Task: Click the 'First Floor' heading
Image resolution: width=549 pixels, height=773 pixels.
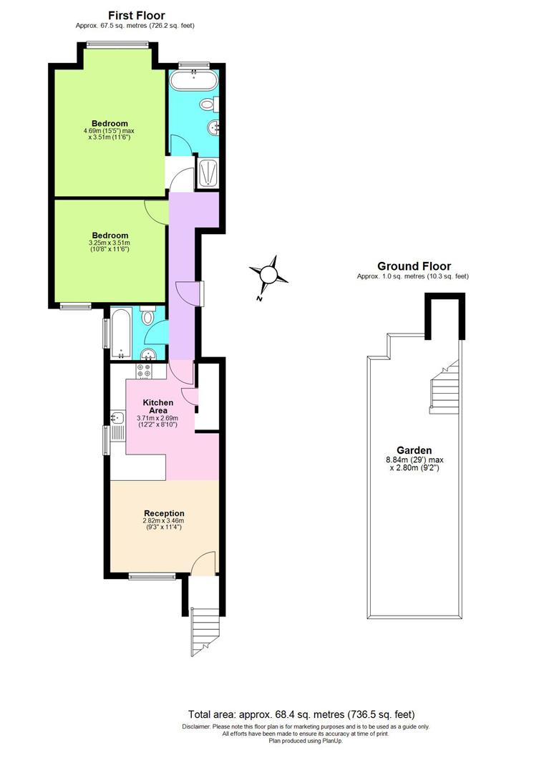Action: pyautogui.click(x=136, y=15)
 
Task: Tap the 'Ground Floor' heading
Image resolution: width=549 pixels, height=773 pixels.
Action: pyautogui.click(x=414, y=266)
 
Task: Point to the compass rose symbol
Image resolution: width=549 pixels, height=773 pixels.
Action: pyautogui.click(x=268, y=274)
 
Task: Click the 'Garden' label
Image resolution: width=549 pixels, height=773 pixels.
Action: pyautogui.click(x=414, y=450)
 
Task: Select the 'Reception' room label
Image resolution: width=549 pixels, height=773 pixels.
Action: pyautogui.click(x=164, y=513)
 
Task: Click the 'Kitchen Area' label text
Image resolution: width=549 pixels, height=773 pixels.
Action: pyautogui.click(x=157, y=407)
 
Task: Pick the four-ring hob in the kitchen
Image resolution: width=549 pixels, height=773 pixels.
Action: pyautogui.click(x=144, y=371)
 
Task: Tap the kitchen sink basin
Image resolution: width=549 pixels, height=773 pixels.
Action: pyautogui.click(x=117, y=417)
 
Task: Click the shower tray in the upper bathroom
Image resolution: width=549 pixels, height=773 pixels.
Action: pyautogui.click(x=208, y=173)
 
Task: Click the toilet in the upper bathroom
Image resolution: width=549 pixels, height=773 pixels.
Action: pyautogui.click(x=208, y=104)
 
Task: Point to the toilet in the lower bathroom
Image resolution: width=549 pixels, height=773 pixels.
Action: pyautogui.click(x=149, y=316)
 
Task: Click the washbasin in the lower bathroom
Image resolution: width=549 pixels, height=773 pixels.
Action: pyautogui.click(x=150, y=353)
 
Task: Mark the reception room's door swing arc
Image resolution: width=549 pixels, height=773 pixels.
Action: pyautogui.click(x=205, y=563)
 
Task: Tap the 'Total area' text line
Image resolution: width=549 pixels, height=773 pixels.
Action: pyautogui.click(x=301, y=714)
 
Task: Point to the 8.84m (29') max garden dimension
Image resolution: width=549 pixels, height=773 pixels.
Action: pyautogui.click(x=414, y=460)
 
